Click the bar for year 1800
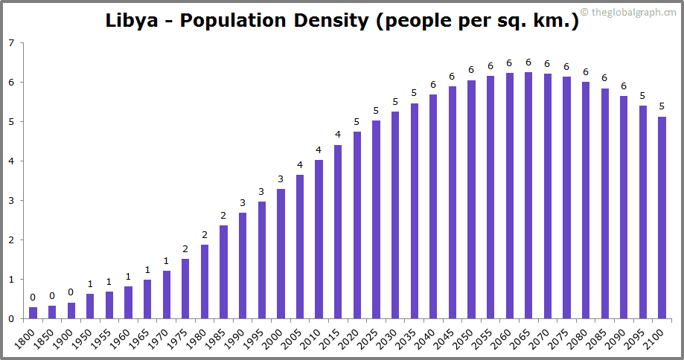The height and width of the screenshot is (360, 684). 33,312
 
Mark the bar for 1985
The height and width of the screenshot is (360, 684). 223,271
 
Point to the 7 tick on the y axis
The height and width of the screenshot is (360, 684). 10,43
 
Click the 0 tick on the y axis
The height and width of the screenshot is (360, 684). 10,319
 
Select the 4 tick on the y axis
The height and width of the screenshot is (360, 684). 10,161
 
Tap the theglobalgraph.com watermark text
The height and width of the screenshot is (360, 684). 633,12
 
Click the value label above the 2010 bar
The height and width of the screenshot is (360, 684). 319,150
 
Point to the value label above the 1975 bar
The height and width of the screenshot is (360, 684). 185,249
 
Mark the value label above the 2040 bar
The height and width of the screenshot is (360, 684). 433,85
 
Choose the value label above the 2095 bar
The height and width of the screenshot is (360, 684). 642,96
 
